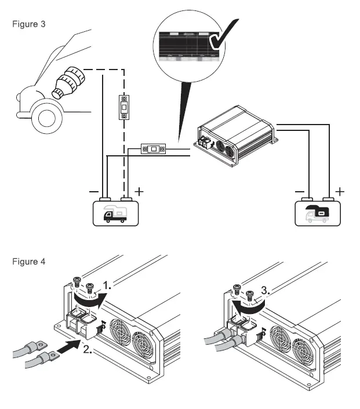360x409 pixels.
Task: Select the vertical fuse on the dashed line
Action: click(x=123, y=107)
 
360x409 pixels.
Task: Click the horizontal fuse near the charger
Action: click(x=153, y=149)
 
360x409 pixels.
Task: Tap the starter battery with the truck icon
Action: click(x=114, y=212)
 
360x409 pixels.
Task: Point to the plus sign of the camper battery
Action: click(x=340, y=191)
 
